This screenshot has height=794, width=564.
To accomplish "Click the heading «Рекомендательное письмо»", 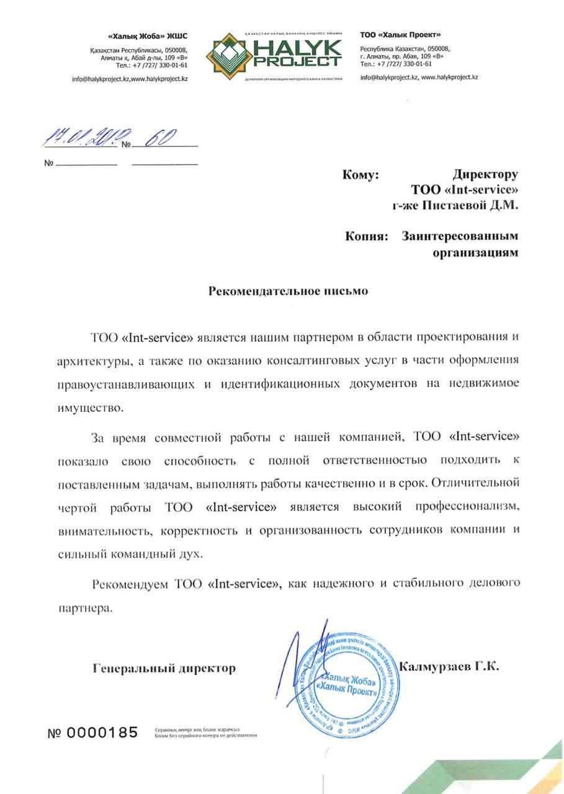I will click(288, 290).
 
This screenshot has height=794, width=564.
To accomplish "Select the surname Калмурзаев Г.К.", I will click(449, 667).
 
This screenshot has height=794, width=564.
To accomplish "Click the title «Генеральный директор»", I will click(164, 668).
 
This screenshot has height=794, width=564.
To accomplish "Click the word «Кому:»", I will click(360, 176).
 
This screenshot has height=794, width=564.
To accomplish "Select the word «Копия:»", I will click(367, 236).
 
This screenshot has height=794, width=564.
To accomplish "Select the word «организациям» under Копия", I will click(475, 252).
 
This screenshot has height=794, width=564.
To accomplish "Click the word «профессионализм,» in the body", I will click(473, 507).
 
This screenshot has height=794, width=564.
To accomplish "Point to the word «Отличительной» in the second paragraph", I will click(475, 482).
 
